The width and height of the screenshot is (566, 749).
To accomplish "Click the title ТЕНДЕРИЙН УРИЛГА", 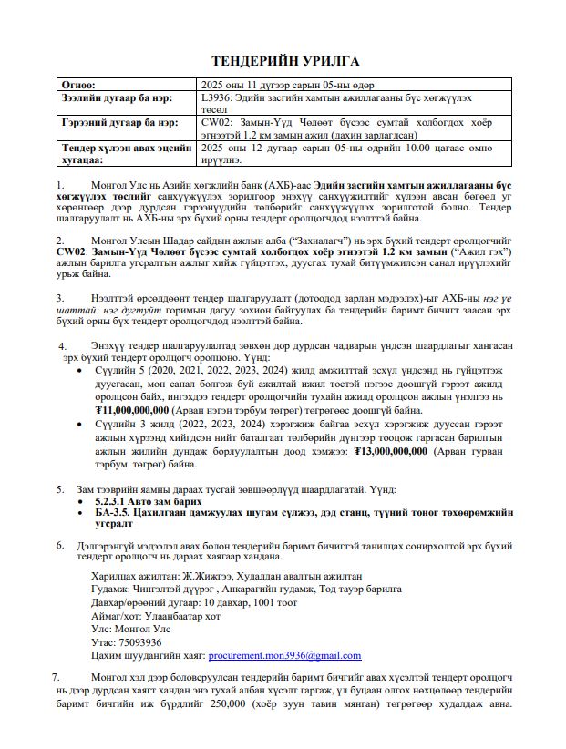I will point(285,62).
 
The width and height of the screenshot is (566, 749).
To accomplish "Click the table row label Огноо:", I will point(79,83).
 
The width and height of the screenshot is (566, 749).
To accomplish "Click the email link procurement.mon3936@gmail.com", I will point(285,654).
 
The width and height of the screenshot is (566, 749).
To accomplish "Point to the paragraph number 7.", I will point(57,677).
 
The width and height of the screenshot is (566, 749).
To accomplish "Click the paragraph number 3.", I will point(60,297).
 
